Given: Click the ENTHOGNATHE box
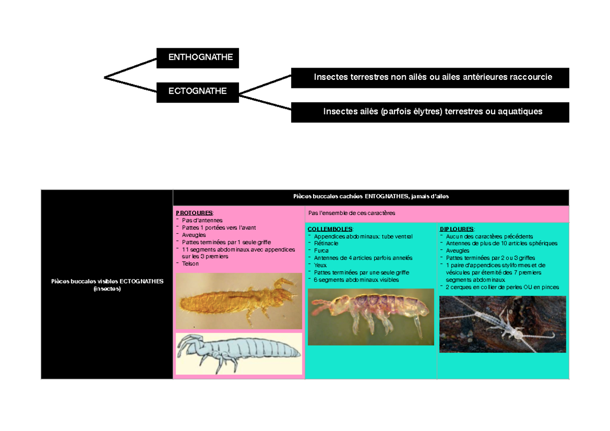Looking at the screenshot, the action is [x=198, y=58].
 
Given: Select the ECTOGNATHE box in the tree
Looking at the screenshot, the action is [x=198, y=93].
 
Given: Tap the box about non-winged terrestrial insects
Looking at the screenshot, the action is [x=430, y=78].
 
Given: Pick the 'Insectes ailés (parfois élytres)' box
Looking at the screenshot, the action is [x=430, y=112].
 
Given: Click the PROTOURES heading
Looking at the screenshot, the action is [x=194, y=213].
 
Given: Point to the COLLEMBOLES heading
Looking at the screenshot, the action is [x=330, y=229].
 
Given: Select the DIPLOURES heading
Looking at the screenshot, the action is [x=457, y=229].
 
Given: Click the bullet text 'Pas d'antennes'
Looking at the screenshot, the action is [x=202, y=220].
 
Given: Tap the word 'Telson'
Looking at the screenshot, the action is [x=190, y=264].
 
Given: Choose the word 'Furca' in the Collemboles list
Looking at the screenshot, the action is [x=321, y=251].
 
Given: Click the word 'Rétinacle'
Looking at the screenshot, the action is [x=326, y=243].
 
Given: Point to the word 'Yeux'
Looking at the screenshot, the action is [x=320, y=265].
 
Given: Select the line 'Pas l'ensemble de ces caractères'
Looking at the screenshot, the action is [x=352, y=213].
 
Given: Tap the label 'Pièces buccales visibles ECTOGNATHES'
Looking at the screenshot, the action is [x=107, y=281].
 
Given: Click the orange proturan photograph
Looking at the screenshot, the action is [x=239, y=301].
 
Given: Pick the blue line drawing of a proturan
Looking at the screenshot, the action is [x=239, y=354].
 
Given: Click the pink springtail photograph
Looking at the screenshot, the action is [x=371, y=317].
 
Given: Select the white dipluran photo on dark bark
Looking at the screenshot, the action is [x=503, y=324].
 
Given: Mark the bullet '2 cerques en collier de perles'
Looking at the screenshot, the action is [x=502, y=287].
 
